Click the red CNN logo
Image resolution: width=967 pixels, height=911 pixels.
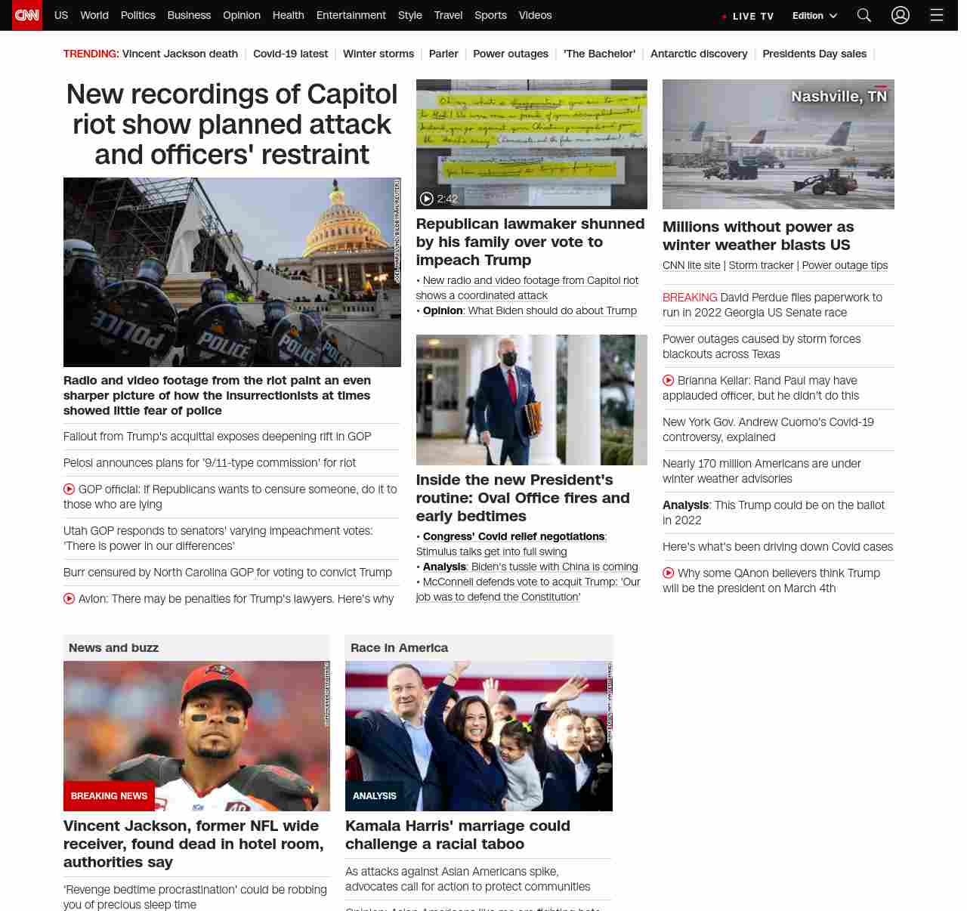(27, 15)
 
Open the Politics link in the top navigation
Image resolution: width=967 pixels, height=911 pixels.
(137, 15)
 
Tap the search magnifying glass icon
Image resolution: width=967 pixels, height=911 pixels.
(864, 15)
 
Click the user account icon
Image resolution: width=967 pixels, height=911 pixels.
(900, 15)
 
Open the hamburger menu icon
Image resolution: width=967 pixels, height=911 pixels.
(937, 15)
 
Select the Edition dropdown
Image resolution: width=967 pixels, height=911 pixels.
(814, 16)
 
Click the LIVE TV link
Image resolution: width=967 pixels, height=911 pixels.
(748, 16)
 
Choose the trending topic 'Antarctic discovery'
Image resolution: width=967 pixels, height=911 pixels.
(698, 54)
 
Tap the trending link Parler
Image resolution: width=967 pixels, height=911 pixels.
(443, 54)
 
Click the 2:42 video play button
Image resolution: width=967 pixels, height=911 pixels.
(427, 199)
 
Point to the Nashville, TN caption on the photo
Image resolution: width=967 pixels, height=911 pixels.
(839, 97)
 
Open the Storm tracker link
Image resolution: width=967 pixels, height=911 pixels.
(761, 265)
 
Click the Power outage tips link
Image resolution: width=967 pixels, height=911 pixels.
(845, 265)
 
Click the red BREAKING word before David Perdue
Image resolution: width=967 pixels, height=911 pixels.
(690, 298)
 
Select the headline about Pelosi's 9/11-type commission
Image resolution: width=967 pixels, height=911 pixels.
(209, 463)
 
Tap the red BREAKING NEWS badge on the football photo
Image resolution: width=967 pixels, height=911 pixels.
(109, 795)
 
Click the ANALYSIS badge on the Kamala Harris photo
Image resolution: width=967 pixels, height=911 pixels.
(374, 795)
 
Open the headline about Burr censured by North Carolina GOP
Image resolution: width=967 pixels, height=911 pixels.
(227, 573)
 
